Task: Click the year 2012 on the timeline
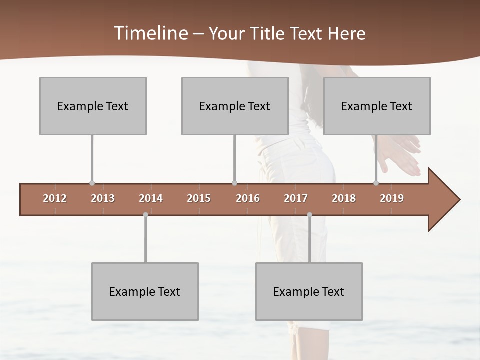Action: tap(55, 198)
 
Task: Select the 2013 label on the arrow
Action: tap(103, 198)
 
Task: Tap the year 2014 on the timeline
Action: tap(151, 198)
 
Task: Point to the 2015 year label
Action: tap(199, 198)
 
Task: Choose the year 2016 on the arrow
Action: tap(248, 198)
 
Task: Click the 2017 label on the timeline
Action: tap(296, 198)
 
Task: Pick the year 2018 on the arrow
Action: tap(344, 198)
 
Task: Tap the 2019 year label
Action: tap(392, 198)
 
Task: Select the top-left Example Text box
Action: tap(93, 106)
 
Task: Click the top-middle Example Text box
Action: tap(235, 106)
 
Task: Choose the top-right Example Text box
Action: tap(377, 106)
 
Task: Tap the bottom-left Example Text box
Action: tap(145, 291)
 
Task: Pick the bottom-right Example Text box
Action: tap(309, 291)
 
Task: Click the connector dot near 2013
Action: tap(92, 183)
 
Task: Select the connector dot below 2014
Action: tap(145, 214)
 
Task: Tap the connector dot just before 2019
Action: tap(376, 183)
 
